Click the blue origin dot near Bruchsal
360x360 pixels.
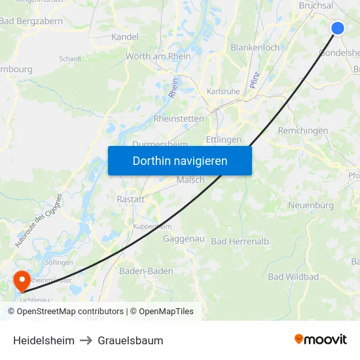click(x=338, y=27)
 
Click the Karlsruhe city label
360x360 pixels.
click(x=223, y=92)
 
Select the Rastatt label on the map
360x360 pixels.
click(x=130, y=199)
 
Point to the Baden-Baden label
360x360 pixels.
click(x=146, y=271)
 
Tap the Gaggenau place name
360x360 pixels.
click(x=184, y=239)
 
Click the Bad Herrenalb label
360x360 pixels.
click(x=240, y=242)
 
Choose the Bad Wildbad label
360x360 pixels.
click(x=293, y=277)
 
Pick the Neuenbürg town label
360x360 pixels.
click(x=311, y=206)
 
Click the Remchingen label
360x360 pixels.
click(x=303, y=131)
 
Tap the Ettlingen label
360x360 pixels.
click(x=224, y=139)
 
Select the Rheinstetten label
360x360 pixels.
click(x=179, y=118)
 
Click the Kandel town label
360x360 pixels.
click(x=125, y=37)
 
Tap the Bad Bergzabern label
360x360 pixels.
click(x=31, y=21)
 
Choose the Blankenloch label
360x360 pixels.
click(x=255, y=47)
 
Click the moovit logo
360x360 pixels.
click(x=321, y=339)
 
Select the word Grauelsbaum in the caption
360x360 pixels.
click(x=130, y=340)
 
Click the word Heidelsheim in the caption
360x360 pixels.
click(x=44, y=340)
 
